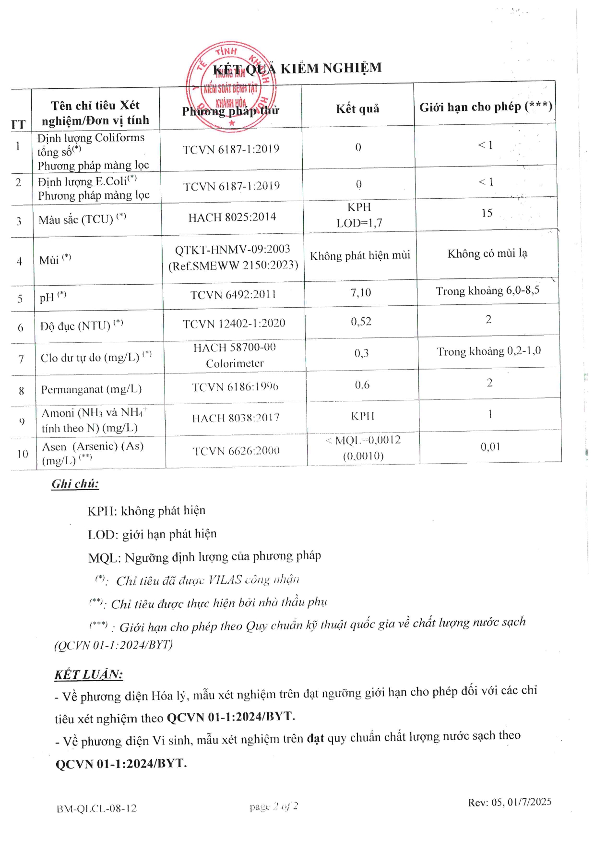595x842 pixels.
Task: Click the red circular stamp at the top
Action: (x=231, y=86)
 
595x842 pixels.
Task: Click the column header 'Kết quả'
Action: (x=357, y=108)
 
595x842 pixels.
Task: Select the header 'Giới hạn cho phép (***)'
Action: (x=486, y=107)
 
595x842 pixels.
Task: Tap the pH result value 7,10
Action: (x=361, y=292)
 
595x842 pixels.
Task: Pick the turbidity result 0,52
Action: (x=361, y=322)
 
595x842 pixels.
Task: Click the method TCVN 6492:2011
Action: (x=233, y=295)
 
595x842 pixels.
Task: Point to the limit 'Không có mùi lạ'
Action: (x=487, y=253)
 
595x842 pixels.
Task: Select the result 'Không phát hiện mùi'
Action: (x=360, y=255)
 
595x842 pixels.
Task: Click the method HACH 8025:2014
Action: (x=232, y=217)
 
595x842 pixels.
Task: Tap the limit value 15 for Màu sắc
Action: (x=487, y=213)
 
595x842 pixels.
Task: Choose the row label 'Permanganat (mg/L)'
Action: (x=91, y=389)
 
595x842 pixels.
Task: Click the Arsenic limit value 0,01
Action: (x=490, y=447)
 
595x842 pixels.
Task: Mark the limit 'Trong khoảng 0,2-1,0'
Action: (x=488, y=351)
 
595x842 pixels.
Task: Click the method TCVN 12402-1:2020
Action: (x=234, y=324)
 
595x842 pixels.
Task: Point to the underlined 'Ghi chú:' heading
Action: (x=75, y=484)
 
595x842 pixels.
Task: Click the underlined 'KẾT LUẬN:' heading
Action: (x=89, y=674)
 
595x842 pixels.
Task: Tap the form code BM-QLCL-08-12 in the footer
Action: (x=96, y=808)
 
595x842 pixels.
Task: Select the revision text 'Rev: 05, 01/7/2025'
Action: (x=510, y=802)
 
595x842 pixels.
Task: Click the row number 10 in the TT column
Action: (x=23, y=454)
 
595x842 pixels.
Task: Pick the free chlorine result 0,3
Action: (x=362, y=353)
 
